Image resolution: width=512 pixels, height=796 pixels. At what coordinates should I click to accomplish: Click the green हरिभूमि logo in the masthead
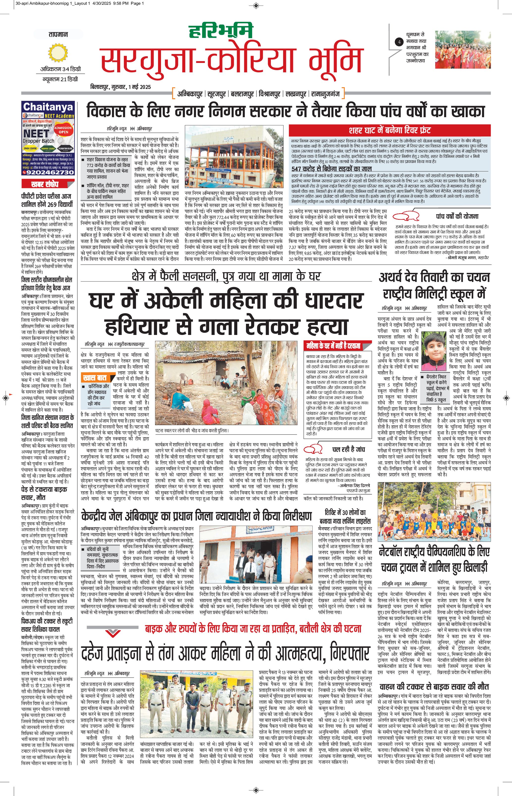coord(221,32)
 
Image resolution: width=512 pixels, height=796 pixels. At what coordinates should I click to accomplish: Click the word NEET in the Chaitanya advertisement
coord(36,134)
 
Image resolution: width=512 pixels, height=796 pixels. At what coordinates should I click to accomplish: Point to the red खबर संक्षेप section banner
coord(45,184)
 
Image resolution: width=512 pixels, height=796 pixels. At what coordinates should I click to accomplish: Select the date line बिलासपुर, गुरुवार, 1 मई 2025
coord(120,87)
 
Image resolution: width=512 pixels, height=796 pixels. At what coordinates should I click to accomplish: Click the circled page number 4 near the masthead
coord(399,42)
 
